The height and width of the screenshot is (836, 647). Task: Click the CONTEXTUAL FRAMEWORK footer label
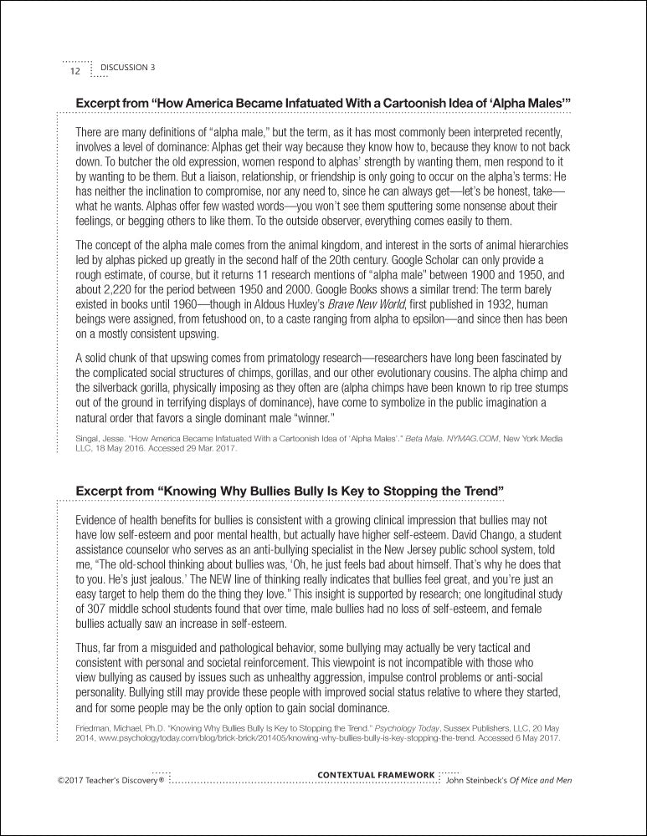[x=377, y=775]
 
